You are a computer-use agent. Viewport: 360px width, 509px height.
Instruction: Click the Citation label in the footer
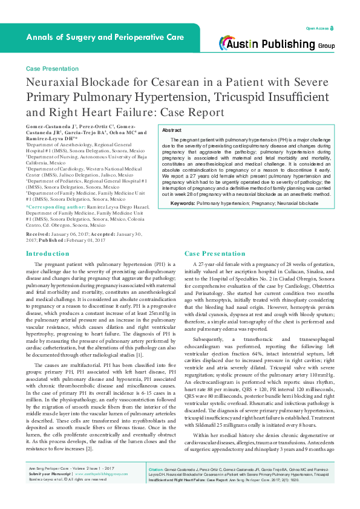point(156,485)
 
